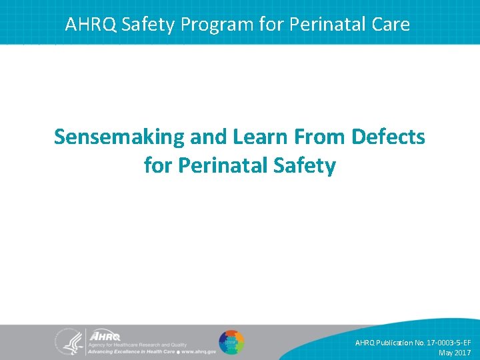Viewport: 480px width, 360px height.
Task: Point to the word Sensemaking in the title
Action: tap(119, 137)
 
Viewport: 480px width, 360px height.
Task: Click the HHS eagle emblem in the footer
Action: tap(68, 343)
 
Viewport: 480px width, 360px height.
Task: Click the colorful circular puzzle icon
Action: tap(231, 343)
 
